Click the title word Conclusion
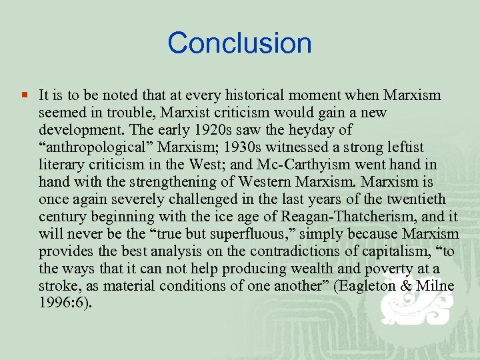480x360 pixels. [x=239, y=43]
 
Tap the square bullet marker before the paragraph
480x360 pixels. [x=24, y=95]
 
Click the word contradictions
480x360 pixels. [x=272, y=251]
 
